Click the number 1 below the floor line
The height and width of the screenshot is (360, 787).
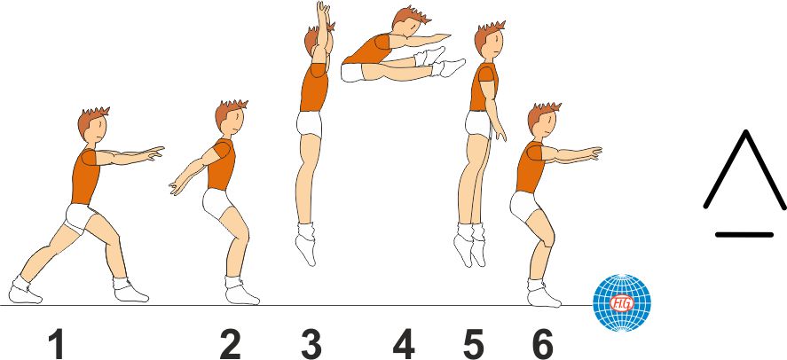[x=55, y=343]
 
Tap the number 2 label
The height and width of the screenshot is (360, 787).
[x=230, y=343]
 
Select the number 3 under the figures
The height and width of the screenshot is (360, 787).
[x=311, y=343]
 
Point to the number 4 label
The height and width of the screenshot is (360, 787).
[x=404, y=343]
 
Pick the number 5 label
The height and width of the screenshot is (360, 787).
[x=475, y=343]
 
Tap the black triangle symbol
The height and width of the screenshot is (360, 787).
[x=745, y=172]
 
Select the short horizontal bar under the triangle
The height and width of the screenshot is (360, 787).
[x=743, y=234]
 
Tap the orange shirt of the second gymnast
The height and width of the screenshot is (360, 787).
[x=221, y=165]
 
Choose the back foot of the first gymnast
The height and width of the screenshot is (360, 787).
[x=21, y=291]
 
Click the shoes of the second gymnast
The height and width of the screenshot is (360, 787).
[x=239, y=290]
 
